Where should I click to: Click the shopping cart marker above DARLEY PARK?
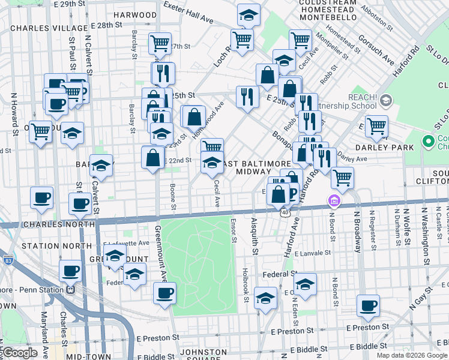click(376, 126)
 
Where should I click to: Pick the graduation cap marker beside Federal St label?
click(306, 284)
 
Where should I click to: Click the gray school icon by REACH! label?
click(385, 100)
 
